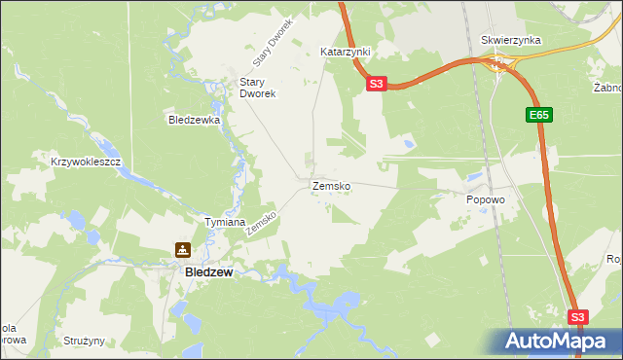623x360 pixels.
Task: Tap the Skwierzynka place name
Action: pos(511,41)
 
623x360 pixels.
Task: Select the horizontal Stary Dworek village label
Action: pos(259,89)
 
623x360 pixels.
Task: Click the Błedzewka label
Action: pos(195,121)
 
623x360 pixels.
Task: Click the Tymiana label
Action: pos(224,222)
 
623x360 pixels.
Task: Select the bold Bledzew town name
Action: pos(208,273)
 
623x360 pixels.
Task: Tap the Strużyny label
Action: pos(84,342)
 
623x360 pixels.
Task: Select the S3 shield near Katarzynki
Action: pos(379,85)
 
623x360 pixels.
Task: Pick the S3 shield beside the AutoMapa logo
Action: pos(578,317)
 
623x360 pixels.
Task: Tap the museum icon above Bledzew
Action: pos(182,250)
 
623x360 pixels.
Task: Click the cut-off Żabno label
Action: pos(607,88)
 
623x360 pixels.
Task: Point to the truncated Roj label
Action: pos(613,259)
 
